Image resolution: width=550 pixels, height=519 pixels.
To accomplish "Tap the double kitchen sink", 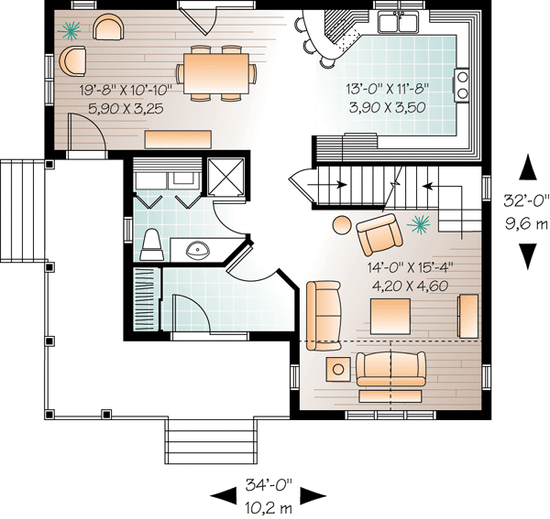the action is click(398, 22).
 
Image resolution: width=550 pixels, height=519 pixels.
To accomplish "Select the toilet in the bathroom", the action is click(152, 244).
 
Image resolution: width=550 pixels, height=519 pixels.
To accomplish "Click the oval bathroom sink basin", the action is click(198, 249).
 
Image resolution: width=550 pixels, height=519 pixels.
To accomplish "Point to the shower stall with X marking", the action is click(225, 178).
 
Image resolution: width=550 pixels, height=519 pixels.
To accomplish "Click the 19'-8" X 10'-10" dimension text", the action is click(126, 90).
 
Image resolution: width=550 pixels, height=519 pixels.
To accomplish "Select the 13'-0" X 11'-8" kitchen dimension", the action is click(388, 88).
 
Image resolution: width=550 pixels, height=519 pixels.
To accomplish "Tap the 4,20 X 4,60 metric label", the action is click(410, 287).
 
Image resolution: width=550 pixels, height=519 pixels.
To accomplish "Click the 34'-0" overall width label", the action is click(269, 485).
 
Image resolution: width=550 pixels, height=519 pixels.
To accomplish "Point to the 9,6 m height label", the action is click(526, 222).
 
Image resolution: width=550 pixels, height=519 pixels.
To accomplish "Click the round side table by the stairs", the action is click(342, 224).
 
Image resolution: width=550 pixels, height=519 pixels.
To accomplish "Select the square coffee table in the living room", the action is click(390, 317).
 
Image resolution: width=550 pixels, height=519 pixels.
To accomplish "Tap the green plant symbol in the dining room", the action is click(69, 30).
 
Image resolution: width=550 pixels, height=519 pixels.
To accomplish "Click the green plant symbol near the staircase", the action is click(419, 224).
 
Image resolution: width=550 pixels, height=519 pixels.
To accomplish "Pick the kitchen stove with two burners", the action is click(461, 85).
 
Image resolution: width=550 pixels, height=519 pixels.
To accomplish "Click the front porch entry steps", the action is click(209, 441).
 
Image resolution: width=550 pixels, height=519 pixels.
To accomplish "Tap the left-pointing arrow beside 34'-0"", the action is click(223, 496).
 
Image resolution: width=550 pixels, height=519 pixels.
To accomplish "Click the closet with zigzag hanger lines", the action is click(144, 299).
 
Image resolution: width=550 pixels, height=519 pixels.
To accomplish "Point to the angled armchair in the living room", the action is click(379, 234).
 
